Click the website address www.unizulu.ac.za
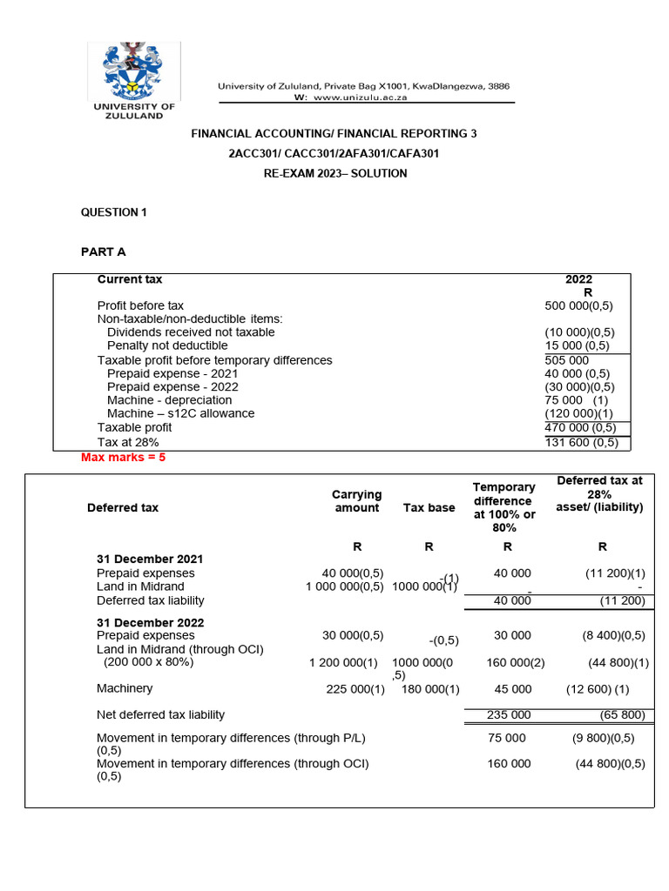[358, 98]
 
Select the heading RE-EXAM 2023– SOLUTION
[334, 173]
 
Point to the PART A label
[104, 251]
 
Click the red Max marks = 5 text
[123, 457]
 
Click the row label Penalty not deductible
[167, 345]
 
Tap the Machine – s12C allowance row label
[180, 413]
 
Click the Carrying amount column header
[356, 501]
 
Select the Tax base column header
[429, 507]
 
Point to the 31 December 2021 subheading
[150, 559]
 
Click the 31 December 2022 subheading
[150, 622]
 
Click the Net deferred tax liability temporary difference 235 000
[508, 715]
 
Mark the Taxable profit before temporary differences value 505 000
[566, 360]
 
